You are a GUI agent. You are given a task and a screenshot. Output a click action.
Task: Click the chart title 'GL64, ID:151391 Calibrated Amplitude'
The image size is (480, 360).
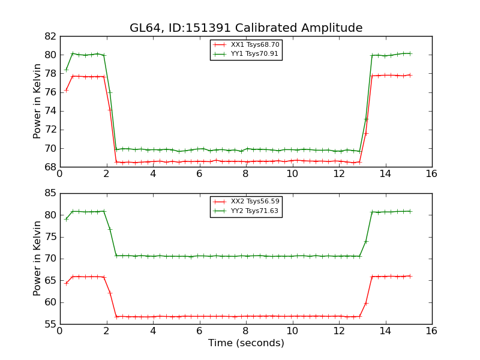coord(246,28)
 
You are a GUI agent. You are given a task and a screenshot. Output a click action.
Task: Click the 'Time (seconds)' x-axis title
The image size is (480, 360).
coord(246,343)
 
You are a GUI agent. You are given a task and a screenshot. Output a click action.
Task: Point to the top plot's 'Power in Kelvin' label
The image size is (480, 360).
coord(38,101)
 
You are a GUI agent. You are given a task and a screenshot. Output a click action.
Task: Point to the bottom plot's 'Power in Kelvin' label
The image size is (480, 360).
coord(38,259)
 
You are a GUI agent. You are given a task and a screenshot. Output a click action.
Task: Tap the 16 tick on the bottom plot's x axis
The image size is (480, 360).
coord(431,331)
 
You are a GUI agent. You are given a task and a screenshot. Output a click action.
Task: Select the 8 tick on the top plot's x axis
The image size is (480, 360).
coord(246,173)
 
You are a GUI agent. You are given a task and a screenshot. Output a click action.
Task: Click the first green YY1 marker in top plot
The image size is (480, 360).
coord(66,70)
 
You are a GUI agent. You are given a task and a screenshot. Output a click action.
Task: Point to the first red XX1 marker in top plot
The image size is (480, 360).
coord(66,90)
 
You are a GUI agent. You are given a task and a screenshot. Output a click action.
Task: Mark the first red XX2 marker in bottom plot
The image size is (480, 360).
coord(66,283)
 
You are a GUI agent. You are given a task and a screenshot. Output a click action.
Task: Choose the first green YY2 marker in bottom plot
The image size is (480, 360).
coord(66,218)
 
